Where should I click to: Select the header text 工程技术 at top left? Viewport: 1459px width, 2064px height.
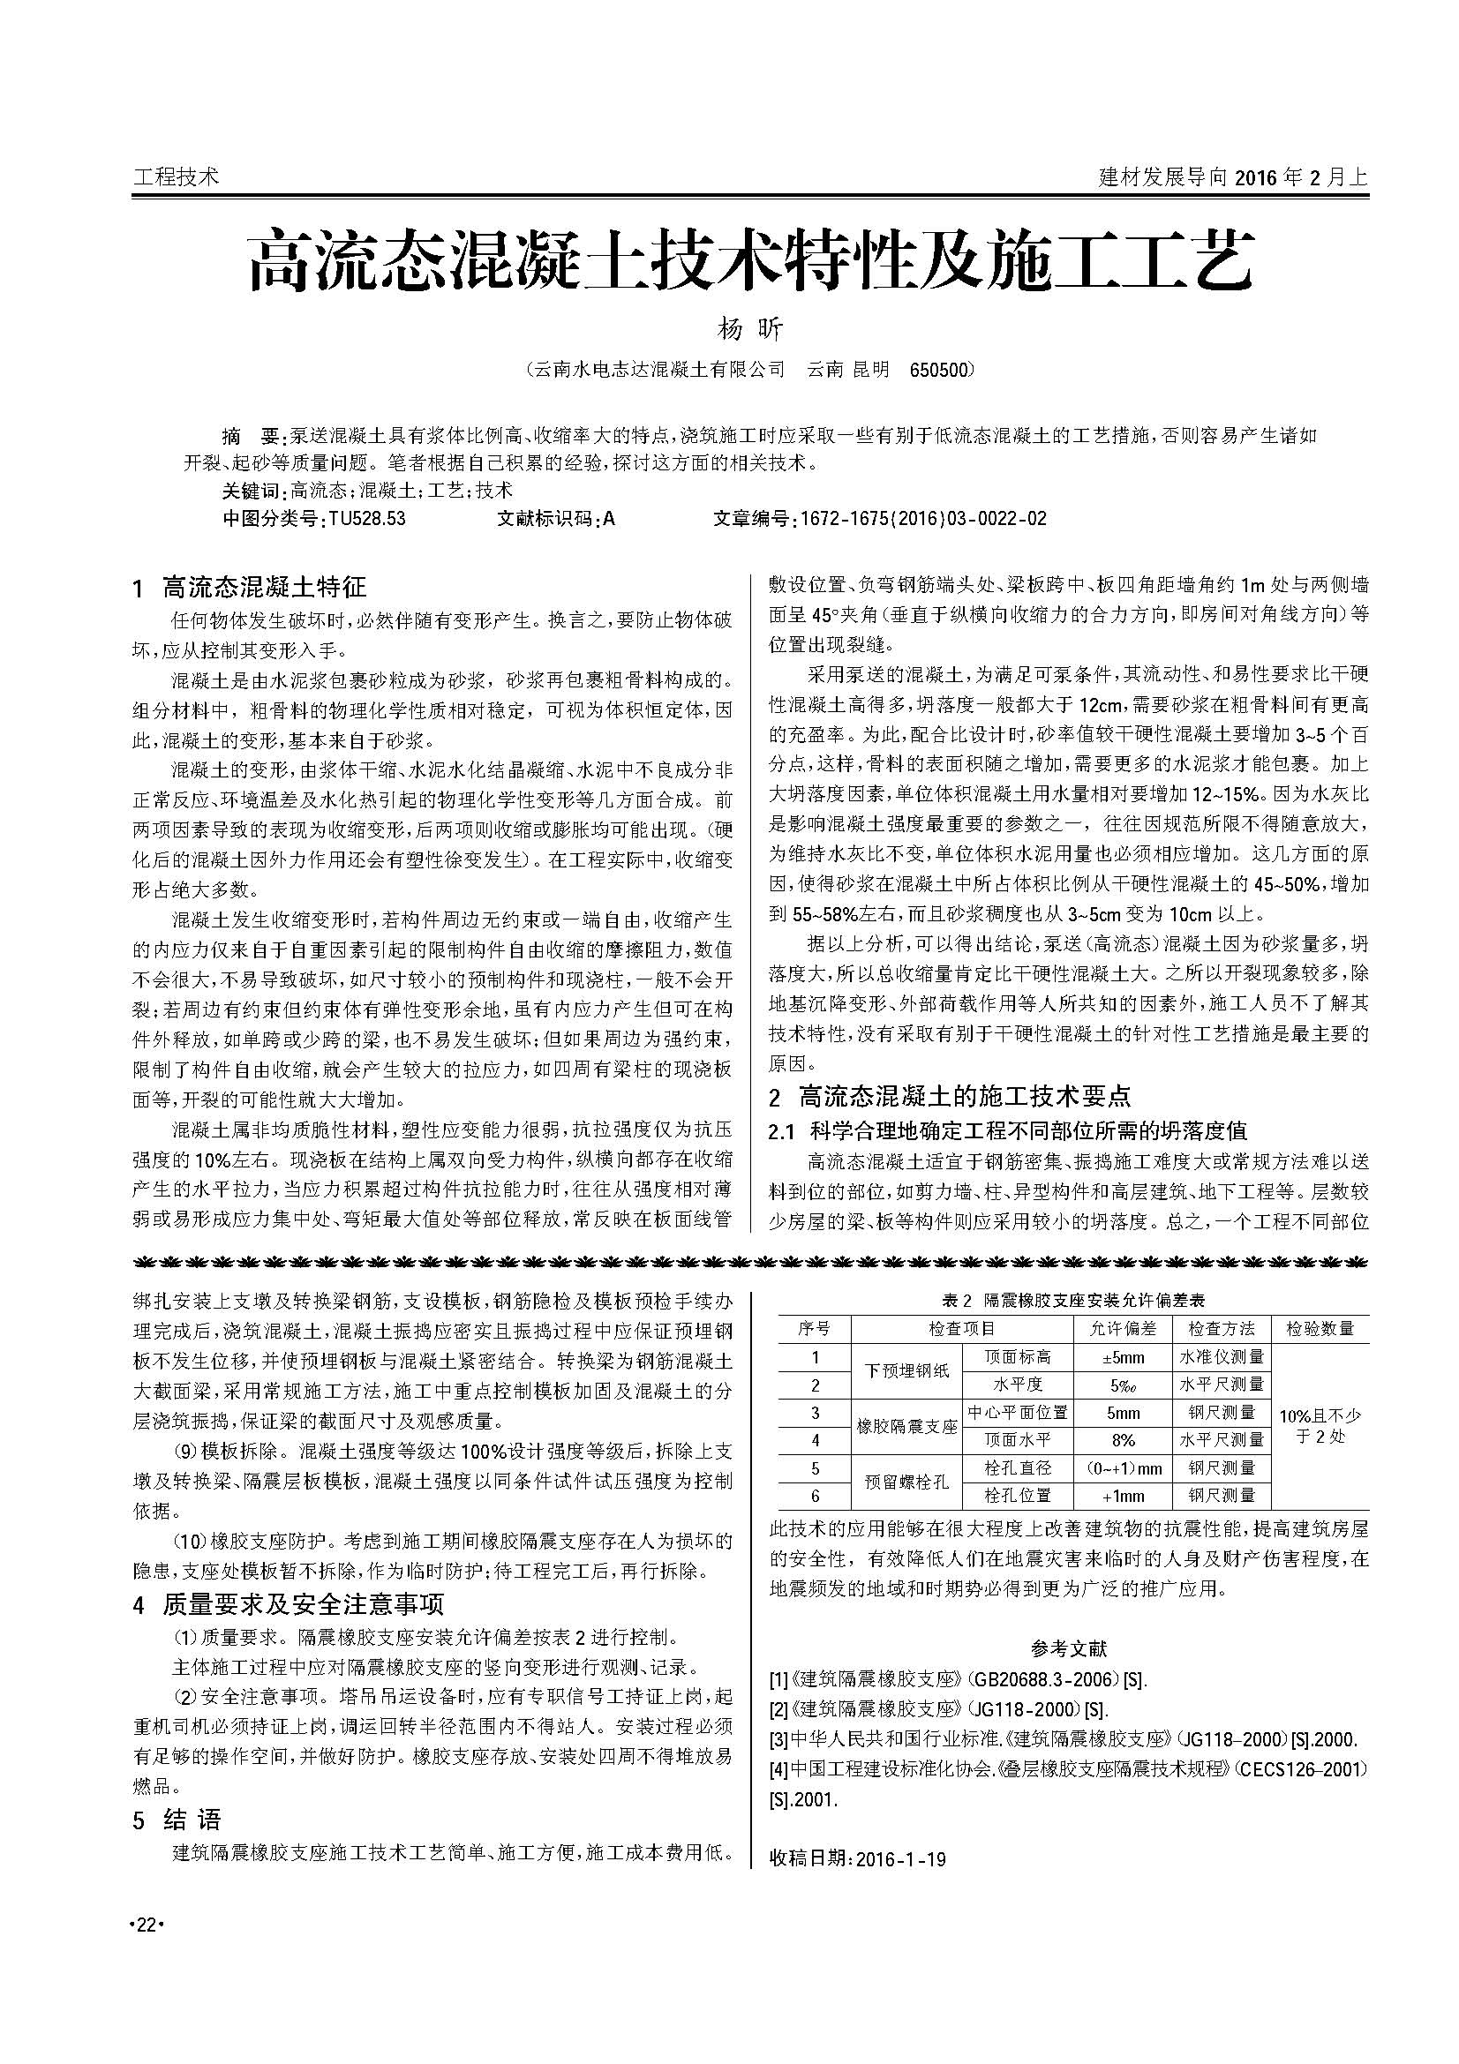coord(176,176)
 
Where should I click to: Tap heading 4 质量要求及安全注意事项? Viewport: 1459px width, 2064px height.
coord(289,1603)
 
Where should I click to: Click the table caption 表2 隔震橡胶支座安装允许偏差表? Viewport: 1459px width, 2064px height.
coord(1072,1301)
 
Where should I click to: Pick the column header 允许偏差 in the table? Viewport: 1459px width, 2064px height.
coord(1123,1329)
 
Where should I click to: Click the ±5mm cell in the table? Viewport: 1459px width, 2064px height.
coord(1123,1357)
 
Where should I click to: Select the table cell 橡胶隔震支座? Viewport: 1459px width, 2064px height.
coord(906,1427)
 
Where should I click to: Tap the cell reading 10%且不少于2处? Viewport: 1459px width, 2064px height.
coord(1319,1426)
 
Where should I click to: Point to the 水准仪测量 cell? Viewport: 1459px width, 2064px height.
coord(1222,1357)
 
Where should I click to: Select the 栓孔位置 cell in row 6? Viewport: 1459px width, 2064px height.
coord(1018,1496)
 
